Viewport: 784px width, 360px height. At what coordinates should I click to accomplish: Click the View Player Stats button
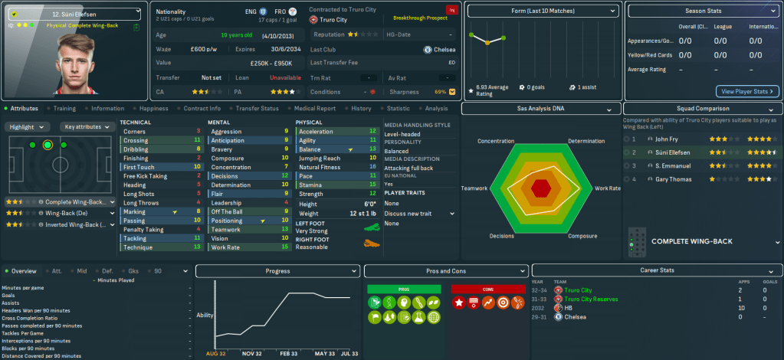click(747, 91)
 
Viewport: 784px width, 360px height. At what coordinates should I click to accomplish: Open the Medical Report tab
click(314, 109)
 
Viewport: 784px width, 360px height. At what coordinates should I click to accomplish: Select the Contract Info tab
click(202, 109)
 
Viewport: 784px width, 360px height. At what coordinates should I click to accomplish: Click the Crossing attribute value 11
click(197, 141)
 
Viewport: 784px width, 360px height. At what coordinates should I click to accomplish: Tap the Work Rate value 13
click(285, 247)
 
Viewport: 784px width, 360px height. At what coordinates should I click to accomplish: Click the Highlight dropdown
click(29, 126)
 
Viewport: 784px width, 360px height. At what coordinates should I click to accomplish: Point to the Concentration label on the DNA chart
click(496, 142)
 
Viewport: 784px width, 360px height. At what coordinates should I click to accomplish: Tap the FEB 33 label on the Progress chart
click(288, 355)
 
